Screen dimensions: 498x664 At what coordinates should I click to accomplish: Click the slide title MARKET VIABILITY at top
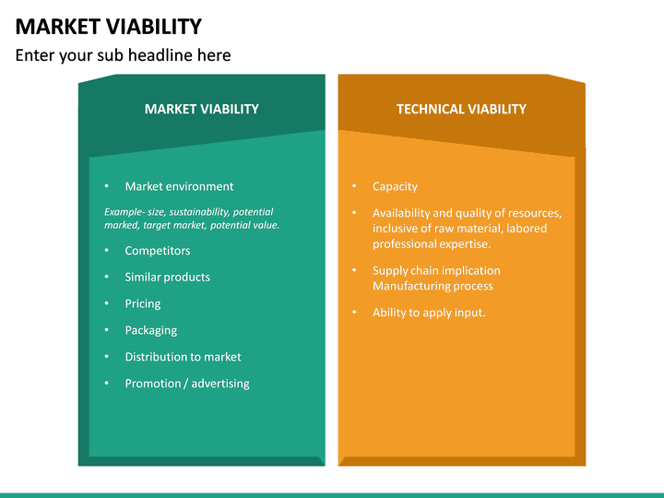(109, 26)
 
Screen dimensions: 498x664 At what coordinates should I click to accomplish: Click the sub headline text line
(123, 55)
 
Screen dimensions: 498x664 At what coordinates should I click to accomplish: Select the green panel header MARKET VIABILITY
(201, 109)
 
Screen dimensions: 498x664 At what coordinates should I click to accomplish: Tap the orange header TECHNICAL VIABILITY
(461, 109)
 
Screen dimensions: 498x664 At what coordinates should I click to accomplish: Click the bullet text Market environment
(179, 186)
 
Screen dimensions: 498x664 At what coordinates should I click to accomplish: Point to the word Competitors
(158, 251)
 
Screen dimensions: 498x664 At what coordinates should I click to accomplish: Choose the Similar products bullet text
(167, 277)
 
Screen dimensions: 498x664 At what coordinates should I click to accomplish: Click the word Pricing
(143, 303)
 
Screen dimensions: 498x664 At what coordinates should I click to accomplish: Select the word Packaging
(151, 330)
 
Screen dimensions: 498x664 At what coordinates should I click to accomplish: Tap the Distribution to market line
(183, 357)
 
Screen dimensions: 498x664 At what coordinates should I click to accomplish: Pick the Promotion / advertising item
(187, 384)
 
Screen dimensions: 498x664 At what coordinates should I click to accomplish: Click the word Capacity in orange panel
(395, 186)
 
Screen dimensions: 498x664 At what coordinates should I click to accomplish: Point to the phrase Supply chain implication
(436, 271)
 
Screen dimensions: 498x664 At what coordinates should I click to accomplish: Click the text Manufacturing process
(433, 286)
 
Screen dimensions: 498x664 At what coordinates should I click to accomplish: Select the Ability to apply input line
(429, 313)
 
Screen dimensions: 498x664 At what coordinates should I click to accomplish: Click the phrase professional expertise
(432, 244)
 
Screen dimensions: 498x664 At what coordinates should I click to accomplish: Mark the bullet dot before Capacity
(354, 186)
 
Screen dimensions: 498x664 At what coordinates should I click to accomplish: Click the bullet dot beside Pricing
(107, 303)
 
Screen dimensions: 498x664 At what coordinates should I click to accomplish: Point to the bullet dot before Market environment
(107, 186)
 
